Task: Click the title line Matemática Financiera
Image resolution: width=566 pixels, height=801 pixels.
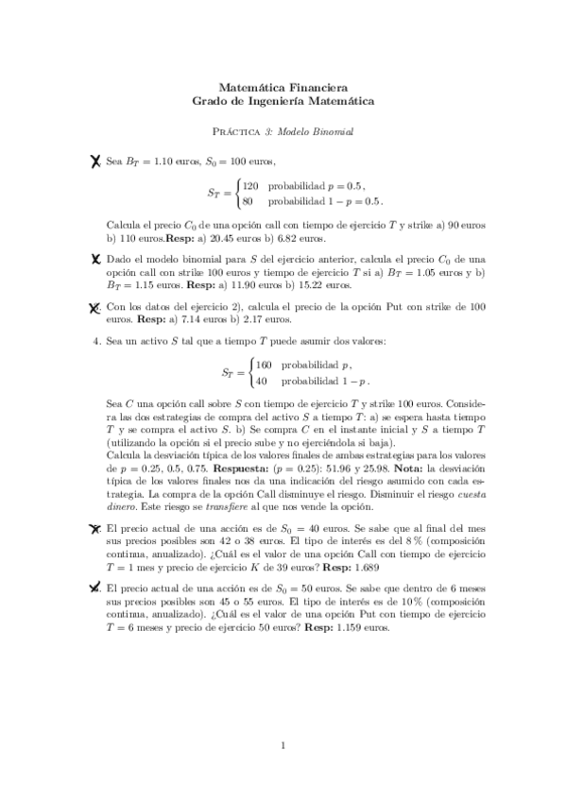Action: tap(283, 85)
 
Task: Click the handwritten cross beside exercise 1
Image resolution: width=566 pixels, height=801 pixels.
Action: tap(94, 163)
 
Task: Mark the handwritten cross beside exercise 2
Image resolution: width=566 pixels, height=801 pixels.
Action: tap(95, 257)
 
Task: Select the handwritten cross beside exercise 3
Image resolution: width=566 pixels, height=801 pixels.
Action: tap(95, 307)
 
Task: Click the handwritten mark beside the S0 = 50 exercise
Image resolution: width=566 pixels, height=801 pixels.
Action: tap(95, 588)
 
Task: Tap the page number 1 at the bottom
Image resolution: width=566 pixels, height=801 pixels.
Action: tap(283, 746)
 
